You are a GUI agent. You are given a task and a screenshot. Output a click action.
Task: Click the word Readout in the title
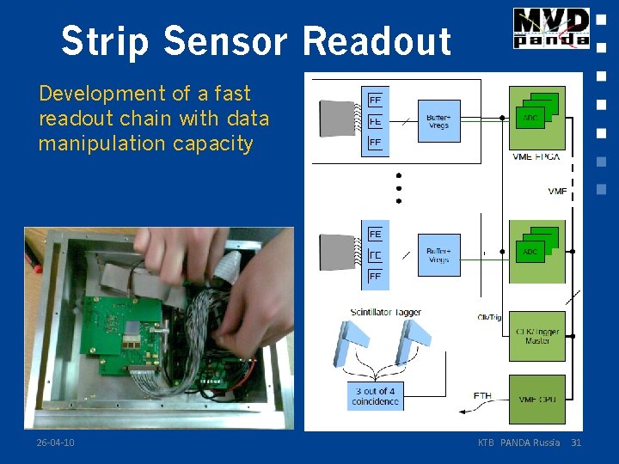coord(377,41)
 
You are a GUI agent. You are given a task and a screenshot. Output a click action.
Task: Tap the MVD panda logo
coord(551,27)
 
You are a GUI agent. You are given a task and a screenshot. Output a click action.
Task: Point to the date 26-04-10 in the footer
coord(55,443)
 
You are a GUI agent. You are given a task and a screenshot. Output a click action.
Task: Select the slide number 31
coord(576,443)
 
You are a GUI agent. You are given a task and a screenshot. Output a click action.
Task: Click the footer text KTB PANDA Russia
coord(518,443)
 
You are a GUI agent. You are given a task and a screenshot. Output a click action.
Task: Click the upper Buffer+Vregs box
coord(438,121)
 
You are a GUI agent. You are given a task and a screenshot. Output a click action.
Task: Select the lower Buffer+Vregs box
coord(438,254)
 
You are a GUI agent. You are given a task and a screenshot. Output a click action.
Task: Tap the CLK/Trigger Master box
coord(537,336)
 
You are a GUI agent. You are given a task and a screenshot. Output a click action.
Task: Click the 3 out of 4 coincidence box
coord(376,396)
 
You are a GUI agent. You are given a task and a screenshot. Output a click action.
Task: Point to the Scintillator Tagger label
coord(385,312)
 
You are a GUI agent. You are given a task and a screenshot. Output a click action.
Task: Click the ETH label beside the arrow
coord(482,396)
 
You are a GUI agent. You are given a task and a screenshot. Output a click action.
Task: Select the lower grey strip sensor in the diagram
coord(335,255)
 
